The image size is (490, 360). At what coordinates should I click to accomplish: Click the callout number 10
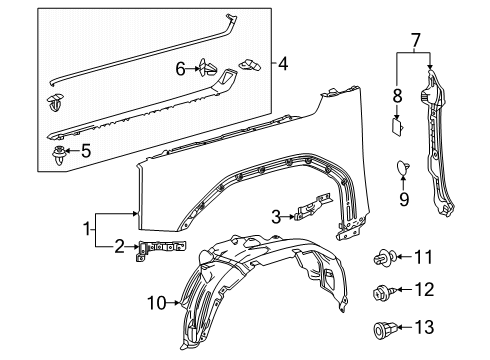click(x=156, y=303)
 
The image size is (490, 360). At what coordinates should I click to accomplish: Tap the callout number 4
click(x=283, y=63)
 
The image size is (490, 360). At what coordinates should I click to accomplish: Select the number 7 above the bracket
click(x=414, y=41)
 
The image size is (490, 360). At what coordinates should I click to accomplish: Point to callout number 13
click(x=424, y=327)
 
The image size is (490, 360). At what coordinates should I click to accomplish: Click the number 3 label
click(x=276, y=217)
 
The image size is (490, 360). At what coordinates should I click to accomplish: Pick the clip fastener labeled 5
click(x=59, y=156)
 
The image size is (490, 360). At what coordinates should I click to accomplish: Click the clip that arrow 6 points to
click(x=207, y=68)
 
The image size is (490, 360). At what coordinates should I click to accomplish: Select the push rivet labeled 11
click(x=385, y=257)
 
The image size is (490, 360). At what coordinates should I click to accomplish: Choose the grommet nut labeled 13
click(x=383, y=329)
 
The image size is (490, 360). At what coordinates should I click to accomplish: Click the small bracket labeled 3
click(x=313, y=206)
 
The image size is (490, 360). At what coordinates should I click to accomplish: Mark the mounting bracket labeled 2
click(x=159, y=248)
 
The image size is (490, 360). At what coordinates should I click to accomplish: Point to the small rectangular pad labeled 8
click(x=397, y=128)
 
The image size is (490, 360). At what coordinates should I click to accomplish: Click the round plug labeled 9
click(x=403, y=168)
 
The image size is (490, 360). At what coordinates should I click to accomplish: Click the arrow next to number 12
click(x=405, y=289)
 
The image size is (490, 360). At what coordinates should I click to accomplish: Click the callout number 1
click(x=87, y=230)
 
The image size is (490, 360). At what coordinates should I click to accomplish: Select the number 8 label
click(x=397, y=96)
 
